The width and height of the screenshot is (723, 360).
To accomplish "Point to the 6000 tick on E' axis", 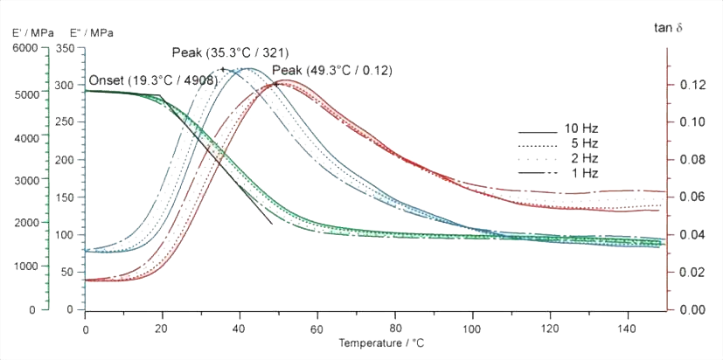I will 24,49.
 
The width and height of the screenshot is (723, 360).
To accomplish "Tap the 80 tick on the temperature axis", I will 395,328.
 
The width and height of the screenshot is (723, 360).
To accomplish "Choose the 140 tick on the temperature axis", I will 627,328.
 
